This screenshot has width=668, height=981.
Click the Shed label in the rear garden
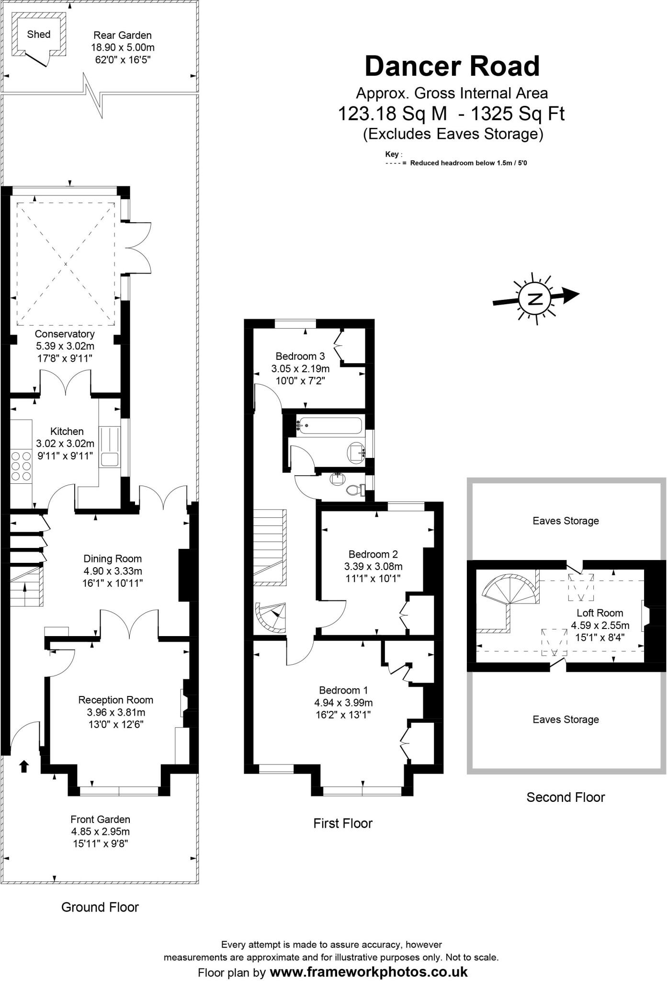click(x=38, y=34)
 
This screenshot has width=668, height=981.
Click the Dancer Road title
click(x=452, y=66)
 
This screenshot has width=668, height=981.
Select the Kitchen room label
click(x=67, y=432)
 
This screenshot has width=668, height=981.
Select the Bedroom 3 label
click(x=300, y=356)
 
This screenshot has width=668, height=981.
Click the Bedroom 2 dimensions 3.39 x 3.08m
click(x=374, y=567)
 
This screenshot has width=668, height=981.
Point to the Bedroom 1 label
click(x=343, y=690)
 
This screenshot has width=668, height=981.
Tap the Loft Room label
click(x=600, y=613)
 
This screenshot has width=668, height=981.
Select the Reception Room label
click(x=116, y=700)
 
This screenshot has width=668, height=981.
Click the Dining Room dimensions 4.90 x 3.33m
click(x=113, y=571)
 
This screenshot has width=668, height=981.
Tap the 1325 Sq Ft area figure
click(x=518, y=114)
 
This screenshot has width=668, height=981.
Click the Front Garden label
click(x=100, y=820)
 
